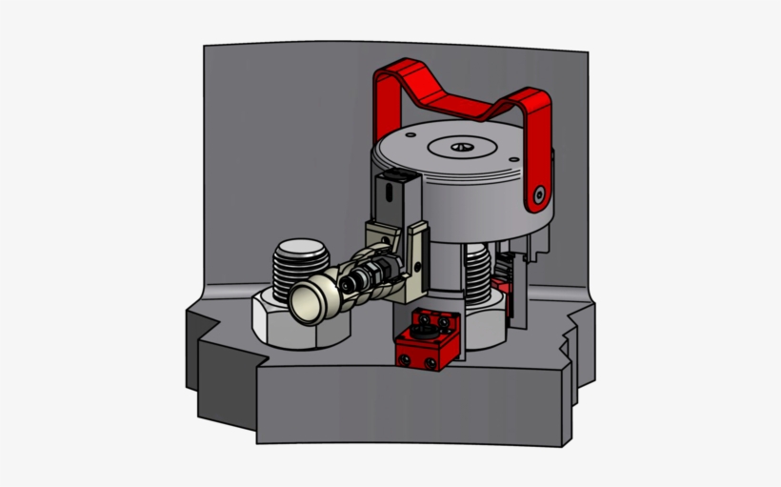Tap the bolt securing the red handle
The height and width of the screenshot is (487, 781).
540,193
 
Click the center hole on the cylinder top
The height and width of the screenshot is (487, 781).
461,147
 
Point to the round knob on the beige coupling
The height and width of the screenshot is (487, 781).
309,302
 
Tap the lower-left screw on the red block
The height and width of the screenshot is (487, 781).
405,359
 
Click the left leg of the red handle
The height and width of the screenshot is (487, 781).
387,105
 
